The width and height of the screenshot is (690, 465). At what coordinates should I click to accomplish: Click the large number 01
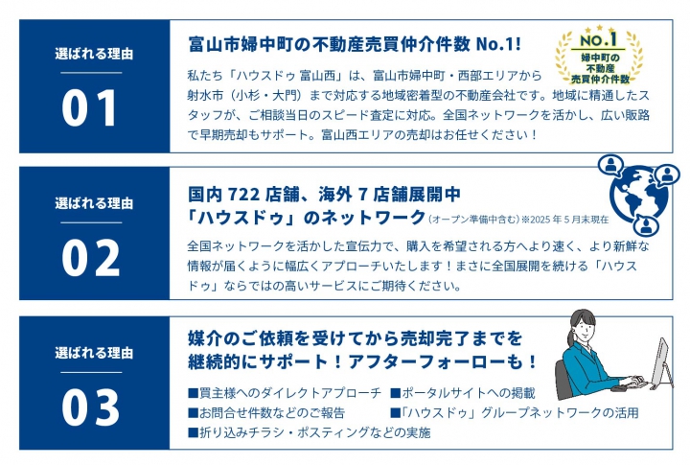89,108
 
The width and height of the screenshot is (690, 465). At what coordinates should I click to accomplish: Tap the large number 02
91,258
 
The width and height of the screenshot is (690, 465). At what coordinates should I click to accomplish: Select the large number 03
91,407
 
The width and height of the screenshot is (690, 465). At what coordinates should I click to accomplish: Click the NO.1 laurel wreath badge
599,55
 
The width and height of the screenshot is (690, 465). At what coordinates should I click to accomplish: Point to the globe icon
638,194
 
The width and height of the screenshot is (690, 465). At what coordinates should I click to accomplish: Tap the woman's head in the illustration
584,325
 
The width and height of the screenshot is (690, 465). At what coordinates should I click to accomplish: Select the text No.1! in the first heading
498,44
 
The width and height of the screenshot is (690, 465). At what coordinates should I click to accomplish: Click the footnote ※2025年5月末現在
565,220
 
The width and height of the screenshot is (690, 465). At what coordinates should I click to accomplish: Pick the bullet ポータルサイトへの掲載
463,393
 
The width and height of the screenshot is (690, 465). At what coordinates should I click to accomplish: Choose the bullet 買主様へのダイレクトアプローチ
285,393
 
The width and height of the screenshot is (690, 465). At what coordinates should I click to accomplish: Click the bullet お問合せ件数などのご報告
266,412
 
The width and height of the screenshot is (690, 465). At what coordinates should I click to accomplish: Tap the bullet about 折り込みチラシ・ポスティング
310,432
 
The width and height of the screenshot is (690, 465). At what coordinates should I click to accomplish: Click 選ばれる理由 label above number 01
94,54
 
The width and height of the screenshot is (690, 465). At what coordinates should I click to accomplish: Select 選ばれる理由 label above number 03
94,353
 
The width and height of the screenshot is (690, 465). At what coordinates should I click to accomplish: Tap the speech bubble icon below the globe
646,225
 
